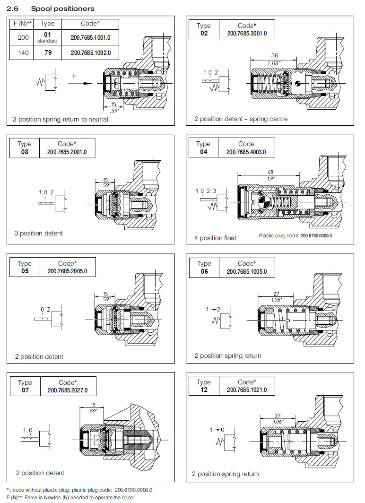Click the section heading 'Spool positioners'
[62, 9]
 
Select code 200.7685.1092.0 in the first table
[91, 52]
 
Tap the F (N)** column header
[22, 23]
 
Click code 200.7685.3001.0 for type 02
[247, 34]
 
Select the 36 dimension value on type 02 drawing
[275, 55]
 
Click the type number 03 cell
[25, 152]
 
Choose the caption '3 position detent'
[38, 233]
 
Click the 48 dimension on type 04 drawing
[269, 172]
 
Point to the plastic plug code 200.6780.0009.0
[295, 235]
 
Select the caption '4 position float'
[215, 238]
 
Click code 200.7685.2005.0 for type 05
[68, 271]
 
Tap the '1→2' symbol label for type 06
[214, 309]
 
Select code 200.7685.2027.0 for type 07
[68, 390]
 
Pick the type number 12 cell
[204, 390]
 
